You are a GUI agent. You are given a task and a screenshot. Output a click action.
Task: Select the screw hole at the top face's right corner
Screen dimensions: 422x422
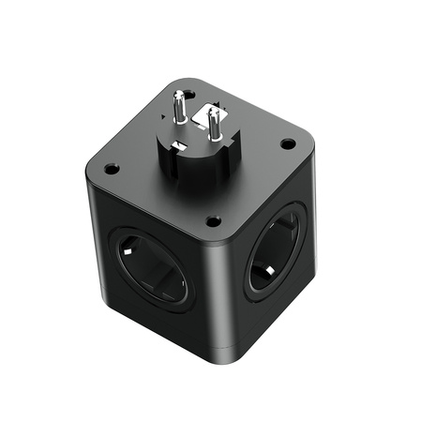click(288, 143)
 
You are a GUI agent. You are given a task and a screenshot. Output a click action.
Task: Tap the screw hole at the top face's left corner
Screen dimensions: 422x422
click(112, 170)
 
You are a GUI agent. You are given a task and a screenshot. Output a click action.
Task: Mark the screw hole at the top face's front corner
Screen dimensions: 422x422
click(214, 221)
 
